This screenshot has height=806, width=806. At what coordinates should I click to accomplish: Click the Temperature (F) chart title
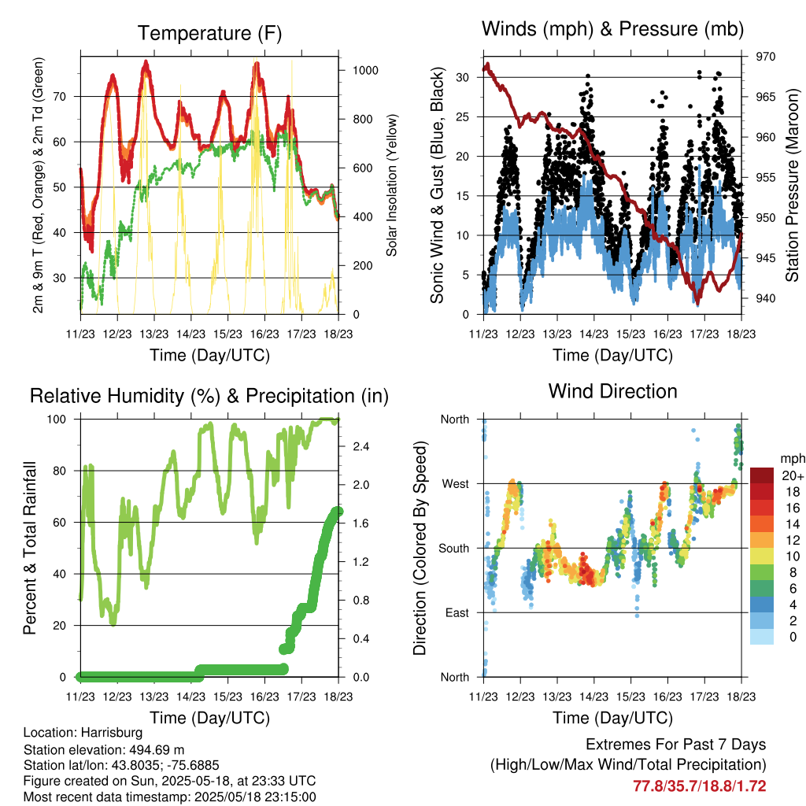click(x=209, y=33)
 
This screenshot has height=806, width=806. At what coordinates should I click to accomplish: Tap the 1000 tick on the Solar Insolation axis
click(x=365, y=70)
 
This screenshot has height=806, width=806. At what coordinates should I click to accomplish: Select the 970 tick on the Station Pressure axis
click(x=765, y=57)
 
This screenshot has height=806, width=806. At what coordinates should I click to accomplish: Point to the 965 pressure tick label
click(x=765, y=97)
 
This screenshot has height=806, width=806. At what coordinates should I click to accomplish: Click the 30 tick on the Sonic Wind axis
click(x=463, y=78)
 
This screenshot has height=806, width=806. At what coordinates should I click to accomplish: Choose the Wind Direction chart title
click(x=612, y=391)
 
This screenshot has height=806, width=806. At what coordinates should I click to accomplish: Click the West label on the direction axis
click(x=456, y=484)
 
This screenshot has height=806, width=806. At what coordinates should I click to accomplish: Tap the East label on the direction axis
click(x=457, y=612)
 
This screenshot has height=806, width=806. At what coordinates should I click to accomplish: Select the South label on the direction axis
click(x=454, y=549)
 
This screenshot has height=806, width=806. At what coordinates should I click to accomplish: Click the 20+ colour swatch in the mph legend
click(x=762, y=475)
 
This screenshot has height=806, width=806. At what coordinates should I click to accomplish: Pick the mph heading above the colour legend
click(x=793, y=459)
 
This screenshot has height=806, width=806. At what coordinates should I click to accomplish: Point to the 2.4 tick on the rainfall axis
click(x=360, y=447)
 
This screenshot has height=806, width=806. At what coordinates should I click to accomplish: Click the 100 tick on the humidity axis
click(x=57, y=420)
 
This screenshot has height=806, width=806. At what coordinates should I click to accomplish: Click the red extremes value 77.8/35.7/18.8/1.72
click(x=700, y=786)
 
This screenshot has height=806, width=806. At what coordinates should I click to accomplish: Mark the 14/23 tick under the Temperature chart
click(x=190, y=334)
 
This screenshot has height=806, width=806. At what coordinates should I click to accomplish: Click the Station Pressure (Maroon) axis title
click(x=792, y=185)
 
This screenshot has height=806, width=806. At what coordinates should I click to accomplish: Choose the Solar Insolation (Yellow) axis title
click(x=392, y=185)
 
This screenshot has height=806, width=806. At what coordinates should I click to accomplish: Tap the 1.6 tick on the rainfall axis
click(x=360, y=523)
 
